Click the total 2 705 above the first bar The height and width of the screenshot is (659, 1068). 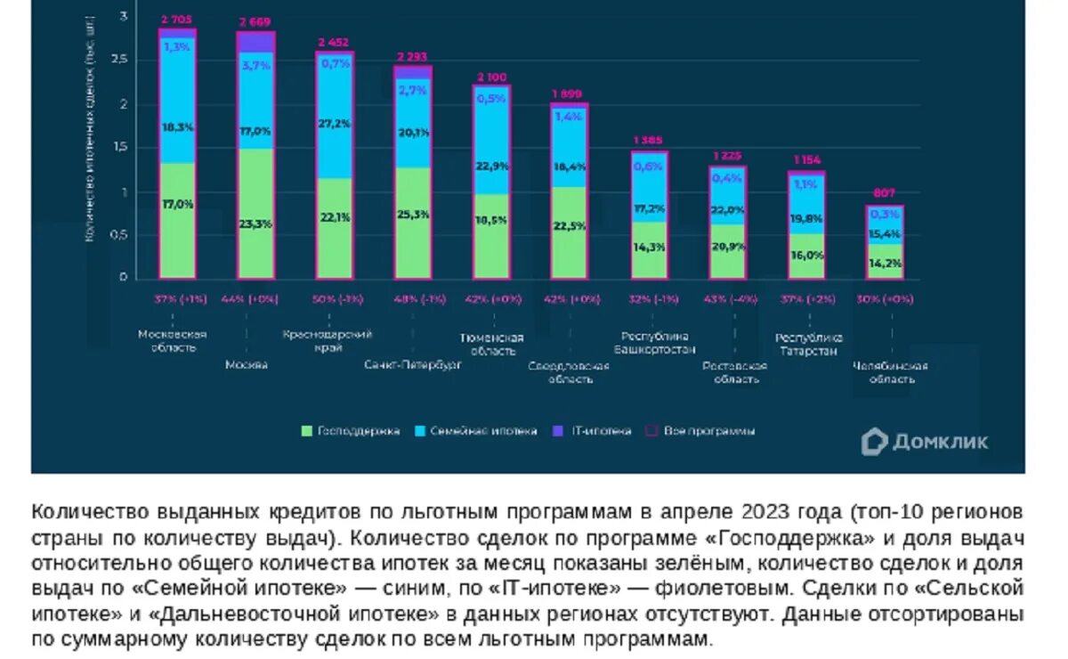[175, 18]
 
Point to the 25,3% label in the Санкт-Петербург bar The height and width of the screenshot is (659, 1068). [414, 214]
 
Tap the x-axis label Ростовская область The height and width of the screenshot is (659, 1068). [734, 372]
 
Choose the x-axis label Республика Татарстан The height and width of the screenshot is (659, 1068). [807, 344]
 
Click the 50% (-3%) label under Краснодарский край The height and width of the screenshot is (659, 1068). [336, 299]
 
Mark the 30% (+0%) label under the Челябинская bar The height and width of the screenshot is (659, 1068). [883, 299]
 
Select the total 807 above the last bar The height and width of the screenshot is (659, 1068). [884, 192]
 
